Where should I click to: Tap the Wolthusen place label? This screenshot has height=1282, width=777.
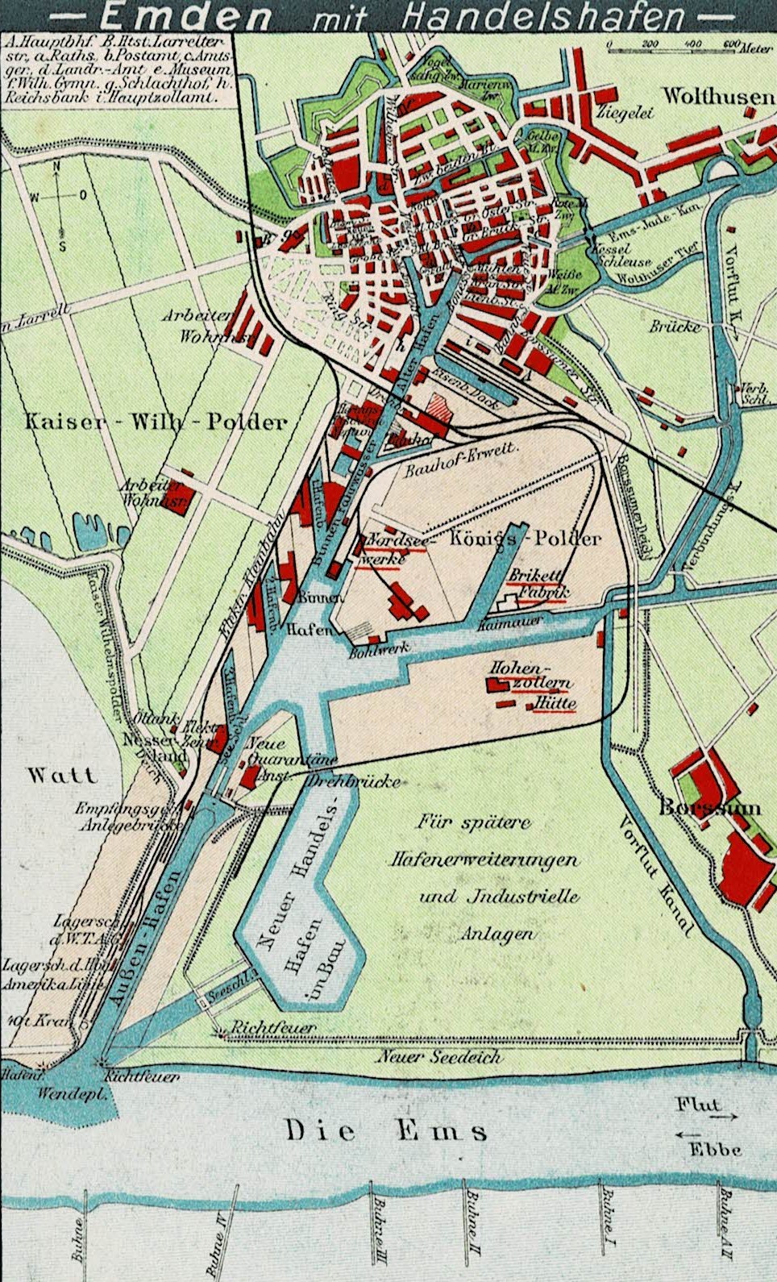click(x=717, y=96)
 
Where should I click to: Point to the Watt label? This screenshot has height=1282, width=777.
click(x=62, y=776)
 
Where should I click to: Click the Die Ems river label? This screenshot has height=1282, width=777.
click(x=386, y=1130)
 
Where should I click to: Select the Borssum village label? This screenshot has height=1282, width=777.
click(x=709, y=806)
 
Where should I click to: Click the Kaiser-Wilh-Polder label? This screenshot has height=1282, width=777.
click(x=156, y=421)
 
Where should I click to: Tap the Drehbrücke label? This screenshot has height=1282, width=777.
click(x=354, y=780)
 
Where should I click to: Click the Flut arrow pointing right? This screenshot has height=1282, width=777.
click(x=724, y=1117)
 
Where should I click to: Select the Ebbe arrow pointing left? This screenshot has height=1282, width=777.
click(x=688, y=1134)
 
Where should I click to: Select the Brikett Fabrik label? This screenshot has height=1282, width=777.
click(x=538, y=585)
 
